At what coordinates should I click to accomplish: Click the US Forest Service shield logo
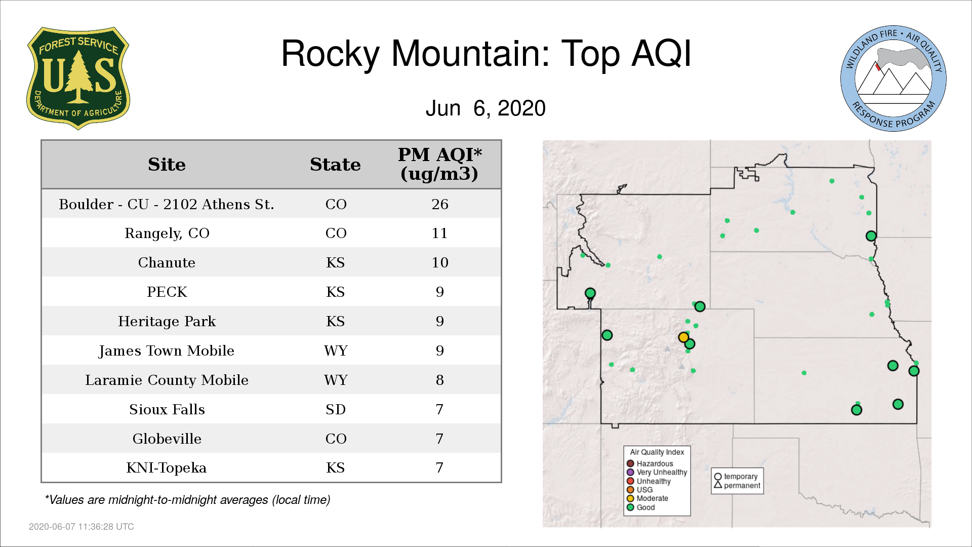click(78, 78)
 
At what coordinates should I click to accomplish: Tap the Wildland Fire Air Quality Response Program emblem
click(894, 79)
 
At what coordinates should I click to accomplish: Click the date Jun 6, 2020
click(485, 108)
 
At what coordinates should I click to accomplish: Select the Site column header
click(167, 165)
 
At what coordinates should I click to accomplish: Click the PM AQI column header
click(439, 164)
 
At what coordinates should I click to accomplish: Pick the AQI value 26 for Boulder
click(440, 204)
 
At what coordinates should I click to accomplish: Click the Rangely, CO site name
click(167, 233)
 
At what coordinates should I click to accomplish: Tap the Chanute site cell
click(167, 262)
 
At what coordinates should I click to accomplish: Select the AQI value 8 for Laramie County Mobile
click(440, 380)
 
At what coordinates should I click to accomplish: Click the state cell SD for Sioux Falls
click(336, 409)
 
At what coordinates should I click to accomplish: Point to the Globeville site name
click(167, 439)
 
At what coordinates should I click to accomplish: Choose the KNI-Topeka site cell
click(167, 467)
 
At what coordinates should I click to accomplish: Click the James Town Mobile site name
click(167, 350)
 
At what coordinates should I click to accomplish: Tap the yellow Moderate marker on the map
click(683, 337)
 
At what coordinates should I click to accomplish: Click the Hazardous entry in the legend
click(650, 463)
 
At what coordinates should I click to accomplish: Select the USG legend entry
click(640, 490)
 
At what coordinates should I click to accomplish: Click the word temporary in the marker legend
click(741, 477)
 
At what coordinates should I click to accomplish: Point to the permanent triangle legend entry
click(737, 485)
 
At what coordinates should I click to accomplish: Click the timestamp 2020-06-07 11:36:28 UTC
click(82, 527)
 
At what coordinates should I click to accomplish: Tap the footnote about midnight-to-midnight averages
click(187, 500)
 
